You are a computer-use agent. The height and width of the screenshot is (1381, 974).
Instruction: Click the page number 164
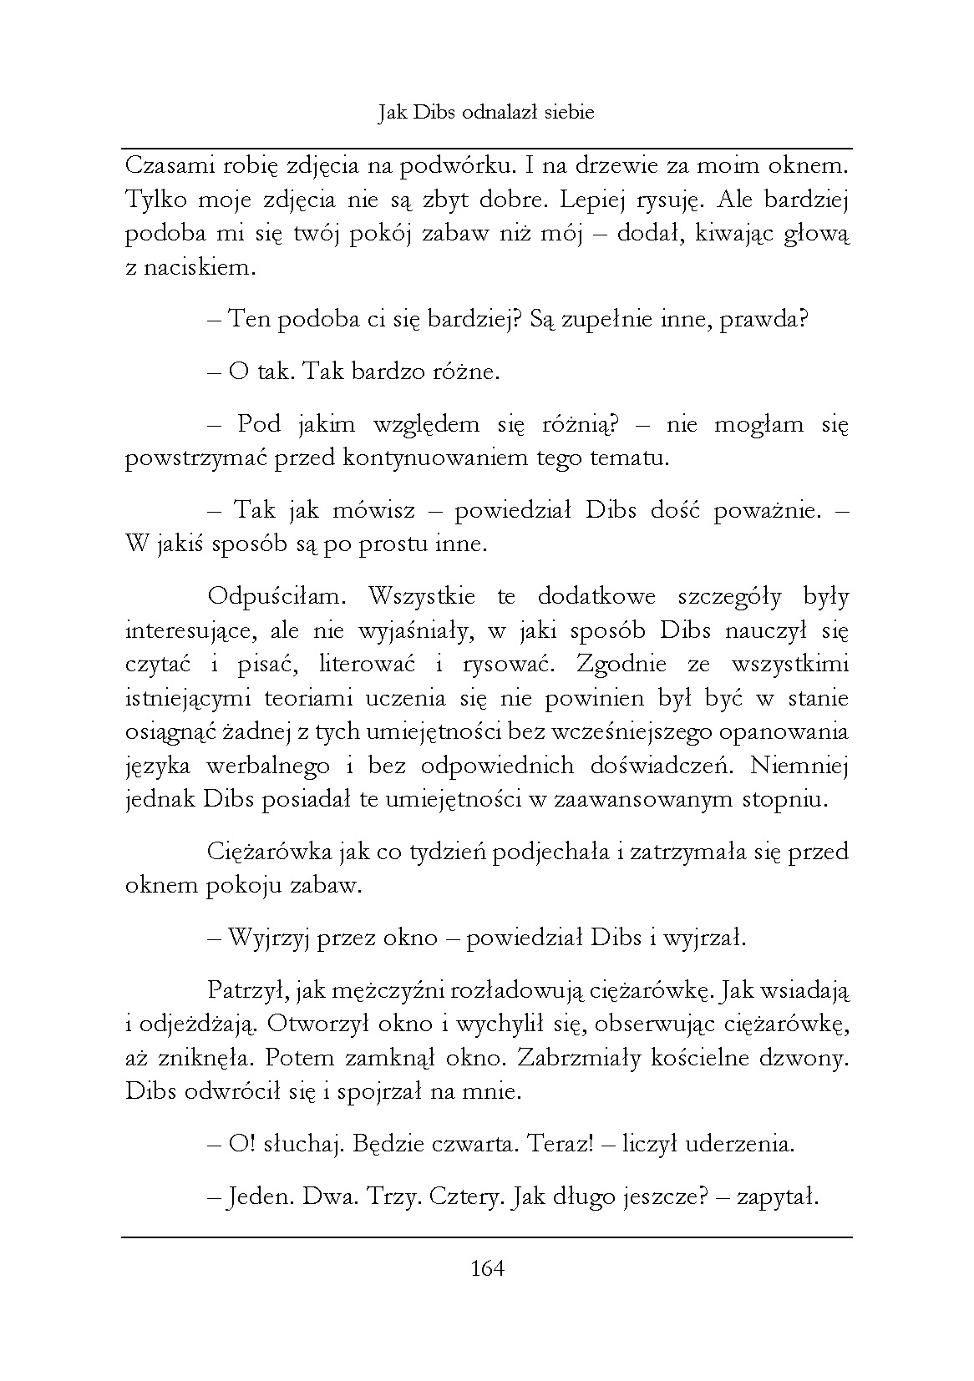[x=488, y=1269]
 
